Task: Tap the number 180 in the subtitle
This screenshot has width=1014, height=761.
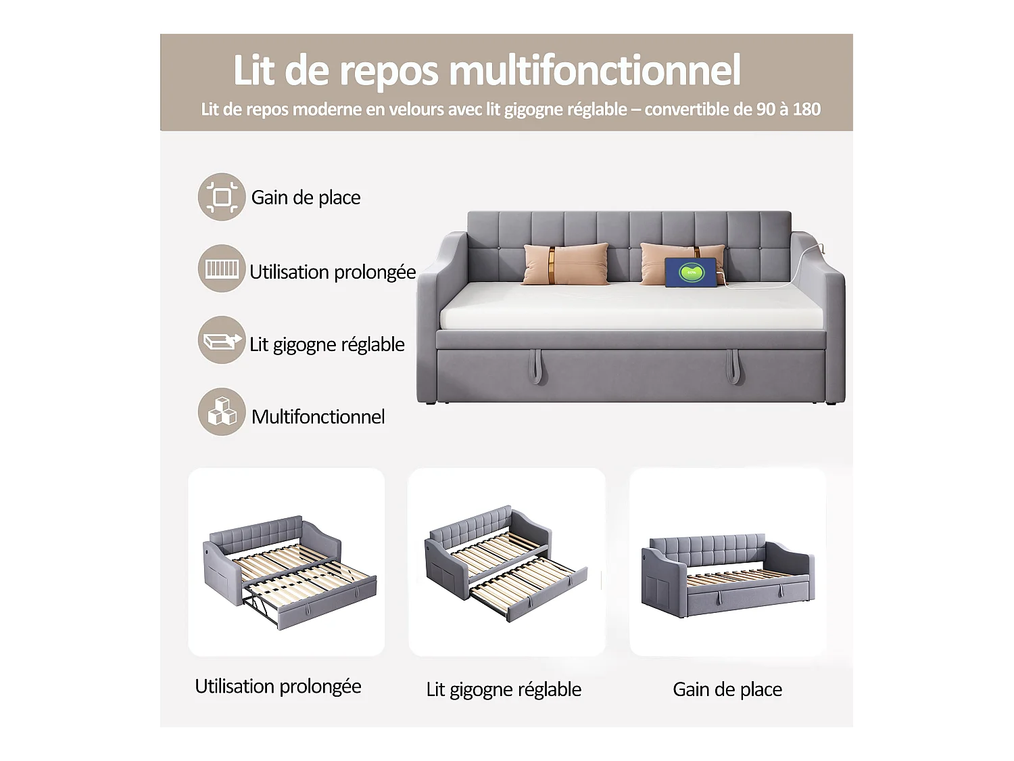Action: pos(806,110)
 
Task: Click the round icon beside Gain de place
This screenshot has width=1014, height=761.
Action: pos(221,197)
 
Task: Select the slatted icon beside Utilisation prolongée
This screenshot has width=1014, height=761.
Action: pos(221,269)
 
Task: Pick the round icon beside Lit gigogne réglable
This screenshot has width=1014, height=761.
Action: pos(221,340)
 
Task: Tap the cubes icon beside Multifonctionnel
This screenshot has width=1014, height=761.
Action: pos(221,412)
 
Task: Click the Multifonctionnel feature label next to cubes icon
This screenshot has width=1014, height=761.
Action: pos(318,417)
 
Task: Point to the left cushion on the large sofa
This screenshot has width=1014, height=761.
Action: pos(565,264)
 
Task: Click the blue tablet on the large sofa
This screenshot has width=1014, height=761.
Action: pos(690,273)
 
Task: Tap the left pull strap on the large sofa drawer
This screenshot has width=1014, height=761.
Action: pos(537,366)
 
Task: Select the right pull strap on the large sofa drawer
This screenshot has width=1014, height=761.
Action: pos(734,366)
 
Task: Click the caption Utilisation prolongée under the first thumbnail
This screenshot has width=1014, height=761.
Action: pos(278,687)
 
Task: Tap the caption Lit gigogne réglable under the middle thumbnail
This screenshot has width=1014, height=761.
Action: pos(504,689)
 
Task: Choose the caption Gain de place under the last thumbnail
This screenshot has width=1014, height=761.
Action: pos(727,689)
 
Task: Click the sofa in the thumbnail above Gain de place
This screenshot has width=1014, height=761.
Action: pos(727,575)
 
